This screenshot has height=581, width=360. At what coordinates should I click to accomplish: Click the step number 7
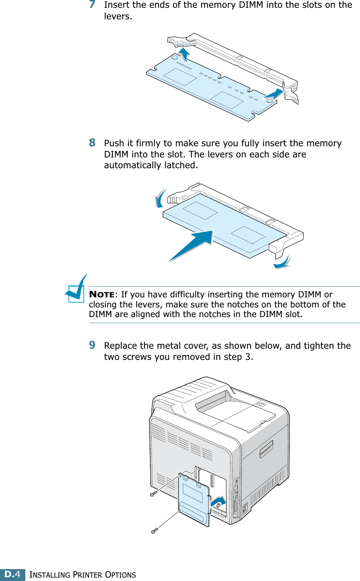[92, 4]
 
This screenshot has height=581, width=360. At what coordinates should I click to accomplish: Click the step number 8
[92, 143]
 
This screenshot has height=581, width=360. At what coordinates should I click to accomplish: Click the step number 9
[92, 345]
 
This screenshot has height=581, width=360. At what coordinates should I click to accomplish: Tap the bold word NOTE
[102, 294]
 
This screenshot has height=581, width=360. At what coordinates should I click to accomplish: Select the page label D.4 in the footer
[13, 574]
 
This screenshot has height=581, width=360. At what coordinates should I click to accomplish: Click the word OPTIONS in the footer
[120, 575]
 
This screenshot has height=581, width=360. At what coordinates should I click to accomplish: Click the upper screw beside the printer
[153, 494]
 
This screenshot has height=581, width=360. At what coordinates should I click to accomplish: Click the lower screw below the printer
[154, 530]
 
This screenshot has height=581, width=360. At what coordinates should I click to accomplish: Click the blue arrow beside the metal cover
[218, 502]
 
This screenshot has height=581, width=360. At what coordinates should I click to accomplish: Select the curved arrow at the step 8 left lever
[160, 198]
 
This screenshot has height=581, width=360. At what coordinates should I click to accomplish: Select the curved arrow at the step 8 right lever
[283, 263]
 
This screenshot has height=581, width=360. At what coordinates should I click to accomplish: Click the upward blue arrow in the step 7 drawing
[184, 54]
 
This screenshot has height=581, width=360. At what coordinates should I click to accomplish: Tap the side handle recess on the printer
[266, 448]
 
